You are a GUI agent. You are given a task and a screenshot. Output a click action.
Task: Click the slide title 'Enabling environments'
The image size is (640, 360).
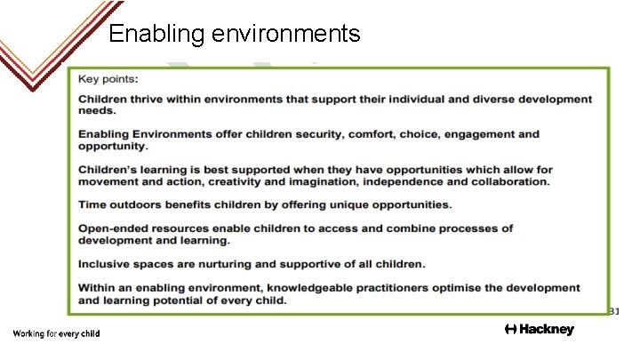(x=234, y=34)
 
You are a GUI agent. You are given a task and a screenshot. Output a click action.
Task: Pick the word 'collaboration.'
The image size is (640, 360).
(x=505, y=181)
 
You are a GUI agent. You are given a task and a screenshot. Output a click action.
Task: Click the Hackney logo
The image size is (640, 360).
(x=539, y=330)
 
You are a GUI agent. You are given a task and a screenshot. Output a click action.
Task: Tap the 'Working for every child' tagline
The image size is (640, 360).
(x=56, y=333)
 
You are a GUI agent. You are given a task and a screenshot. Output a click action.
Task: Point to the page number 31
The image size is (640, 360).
(x=614, y=311)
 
